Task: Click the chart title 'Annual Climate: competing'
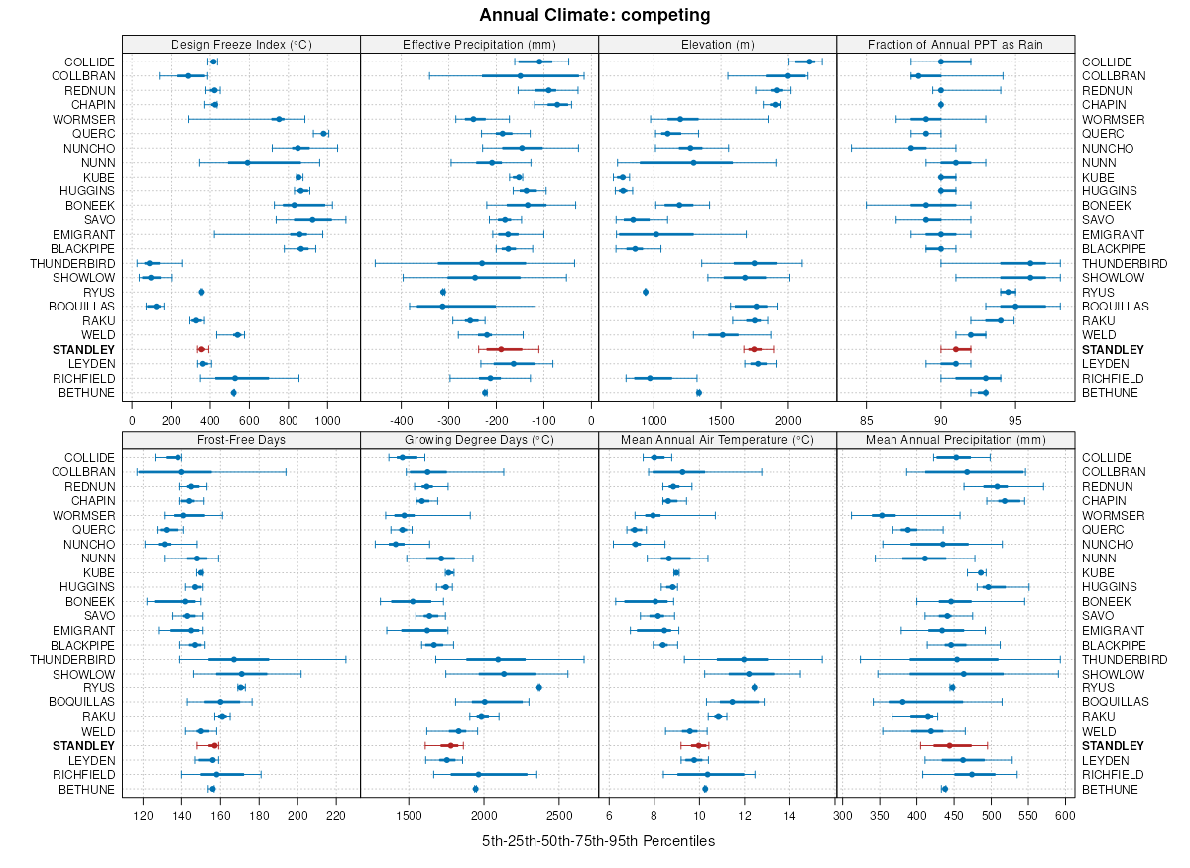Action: coord(594,15)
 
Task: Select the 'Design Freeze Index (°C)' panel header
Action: coord(241,45)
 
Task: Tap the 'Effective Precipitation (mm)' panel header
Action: coord(479,45)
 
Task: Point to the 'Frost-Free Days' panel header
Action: coord(241,440)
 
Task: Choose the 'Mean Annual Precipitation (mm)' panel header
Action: coord(956,440)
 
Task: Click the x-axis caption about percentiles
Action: coord(598,841)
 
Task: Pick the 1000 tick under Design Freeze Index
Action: coord(327,420)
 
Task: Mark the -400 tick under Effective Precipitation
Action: coord(401,420)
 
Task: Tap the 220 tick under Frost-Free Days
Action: coord(336,815)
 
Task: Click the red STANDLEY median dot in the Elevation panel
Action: coord(754,349)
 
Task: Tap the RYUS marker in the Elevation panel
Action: coord(646,292)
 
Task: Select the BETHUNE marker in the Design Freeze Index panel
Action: coord(233,393)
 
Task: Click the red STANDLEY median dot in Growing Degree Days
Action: coord(449,745)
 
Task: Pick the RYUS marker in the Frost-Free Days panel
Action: coord(241,687)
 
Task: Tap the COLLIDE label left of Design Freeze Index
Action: coord(91,62)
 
